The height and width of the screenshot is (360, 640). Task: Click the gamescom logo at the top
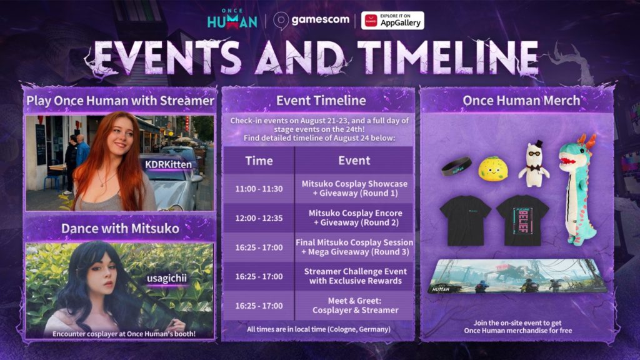pyautogui.click(x=311, y=20)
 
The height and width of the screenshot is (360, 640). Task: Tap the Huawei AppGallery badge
pyautogui.click(x=392, y=21)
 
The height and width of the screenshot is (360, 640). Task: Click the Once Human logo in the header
pyautogui.click(x=232, y=19)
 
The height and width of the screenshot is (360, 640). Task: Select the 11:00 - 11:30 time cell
pyautogui.click(x=259, y=189)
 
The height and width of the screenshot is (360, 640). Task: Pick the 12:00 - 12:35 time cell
pyautogui.click(x=259, y=218)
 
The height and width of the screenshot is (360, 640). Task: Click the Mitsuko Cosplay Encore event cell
pyautogui.click(x=355, y=218)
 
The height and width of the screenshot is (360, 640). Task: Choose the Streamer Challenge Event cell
pyautogui.click(x=355, y=276)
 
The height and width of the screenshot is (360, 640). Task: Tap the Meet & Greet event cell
pyautogui.click(x=355, y=305)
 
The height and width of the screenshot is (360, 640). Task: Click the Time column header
pyautogui.click(x=259, y=161)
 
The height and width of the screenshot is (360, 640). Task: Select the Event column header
pyautogui.click(x=354, y=161)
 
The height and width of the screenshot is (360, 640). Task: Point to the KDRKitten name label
pyautogui.click(x=168, y=164)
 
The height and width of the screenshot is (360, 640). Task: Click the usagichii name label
pyautogui.click(x=166, y=278)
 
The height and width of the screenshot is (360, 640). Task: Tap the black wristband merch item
pyautogui.click(x=456, y=166)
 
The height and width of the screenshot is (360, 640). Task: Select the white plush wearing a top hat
pyautogui.click(x=534, y=164)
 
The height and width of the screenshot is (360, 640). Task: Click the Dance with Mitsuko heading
pyautogui.click(x=120, y=229)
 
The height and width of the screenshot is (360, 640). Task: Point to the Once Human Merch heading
pyautogui.click(x=521, y=101)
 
